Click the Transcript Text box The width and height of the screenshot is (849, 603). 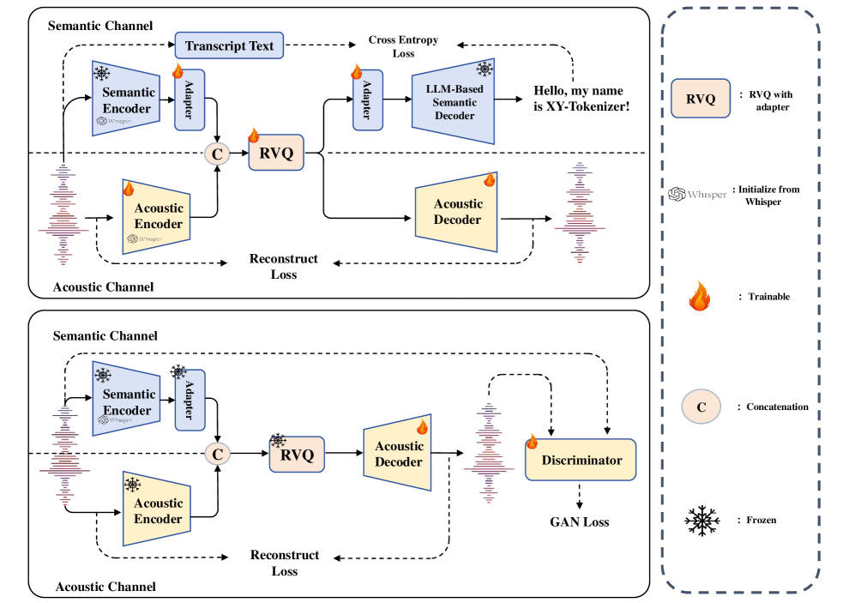(229, 45)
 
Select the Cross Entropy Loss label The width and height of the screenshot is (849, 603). (403, 46)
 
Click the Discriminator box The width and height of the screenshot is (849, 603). (581, 461)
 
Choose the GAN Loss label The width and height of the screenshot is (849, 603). (580, 521)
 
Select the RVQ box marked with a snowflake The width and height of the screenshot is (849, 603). (297, 451)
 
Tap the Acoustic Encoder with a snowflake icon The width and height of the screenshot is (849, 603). (158, 510)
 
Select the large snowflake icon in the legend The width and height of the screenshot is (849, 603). (700, 521)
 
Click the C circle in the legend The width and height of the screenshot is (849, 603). (701, 407)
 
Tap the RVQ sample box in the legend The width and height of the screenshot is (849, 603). (701, 99)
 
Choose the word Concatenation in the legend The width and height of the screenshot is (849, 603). (776, 407)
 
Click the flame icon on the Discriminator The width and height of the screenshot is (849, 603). (533, 443)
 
